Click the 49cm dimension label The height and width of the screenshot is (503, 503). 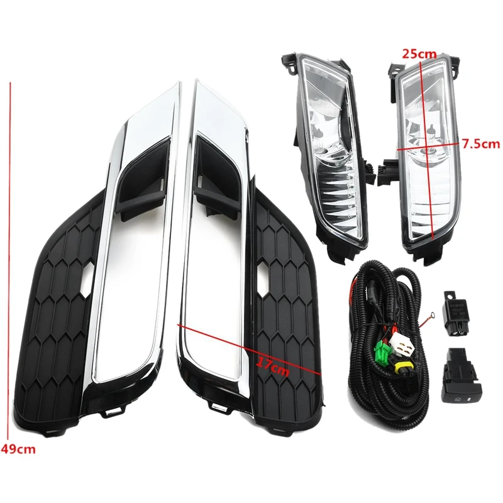tap(18, 449)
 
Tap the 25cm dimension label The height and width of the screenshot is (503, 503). tap(419, 54)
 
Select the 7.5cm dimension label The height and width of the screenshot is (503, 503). tap(481, 144)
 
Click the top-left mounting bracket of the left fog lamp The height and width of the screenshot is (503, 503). tap(289, 63)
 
